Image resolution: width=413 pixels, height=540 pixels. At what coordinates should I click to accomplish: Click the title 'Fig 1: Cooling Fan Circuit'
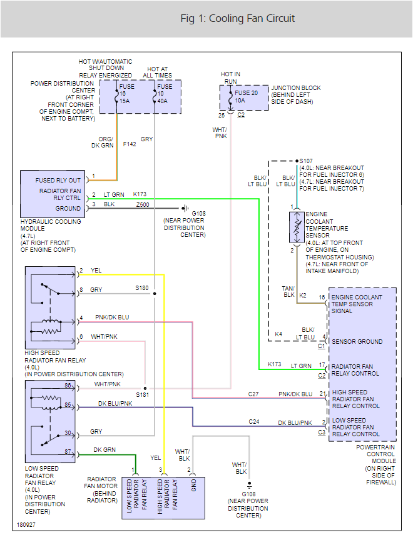pyautogui.click(x=238, y=18)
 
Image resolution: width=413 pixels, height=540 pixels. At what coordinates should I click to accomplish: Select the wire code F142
pyautogui.click(x=130, y=144)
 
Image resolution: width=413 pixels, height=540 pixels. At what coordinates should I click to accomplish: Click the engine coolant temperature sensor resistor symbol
pyautogui.click(x=295, y=227)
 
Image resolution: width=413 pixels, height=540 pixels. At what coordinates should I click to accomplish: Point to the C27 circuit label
pyautogui.click(x=253, y=394)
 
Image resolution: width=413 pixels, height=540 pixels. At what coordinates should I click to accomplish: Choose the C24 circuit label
pyautogui.click(x=253, y=422)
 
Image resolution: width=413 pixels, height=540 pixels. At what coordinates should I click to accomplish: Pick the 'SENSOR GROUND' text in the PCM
pyautogui.click(x=357, y=342)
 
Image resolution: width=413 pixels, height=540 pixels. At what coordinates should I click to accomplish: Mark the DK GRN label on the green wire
pyautogui.click(x=104, y=449)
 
